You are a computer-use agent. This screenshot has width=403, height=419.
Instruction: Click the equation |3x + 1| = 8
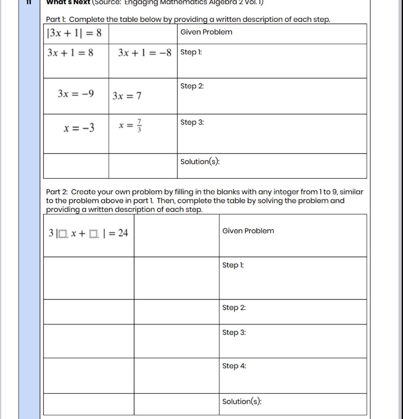tap(74, 33)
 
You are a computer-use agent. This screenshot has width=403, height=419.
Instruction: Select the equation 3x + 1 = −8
tap(145, 53)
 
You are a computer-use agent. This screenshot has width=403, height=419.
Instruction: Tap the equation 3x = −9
tap(76, 94)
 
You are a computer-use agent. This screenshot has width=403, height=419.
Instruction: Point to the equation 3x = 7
tap(127, 96)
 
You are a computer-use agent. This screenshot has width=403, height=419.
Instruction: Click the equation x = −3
tap(79, 128)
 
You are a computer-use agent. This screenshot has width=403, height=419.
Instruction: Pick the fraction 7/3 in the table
tap(139, 126)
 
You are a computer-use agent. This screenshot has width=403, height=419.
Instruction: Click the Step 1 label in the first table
tap(191, 52)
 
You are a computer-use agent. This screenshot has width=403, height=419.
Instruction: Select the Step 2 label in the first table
tap(192, 86)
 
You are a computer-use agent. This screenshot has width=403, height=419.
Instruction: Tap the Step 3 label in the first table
tap(192, 123)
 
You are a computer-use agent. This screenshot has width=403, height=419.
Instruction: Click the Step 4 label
tap(234, 366)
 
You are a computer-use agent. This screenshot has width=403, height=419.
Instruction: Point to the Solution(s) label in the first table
tap(200, 162)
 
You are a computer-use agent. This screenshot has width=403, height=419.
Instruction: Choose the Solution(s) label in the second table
tap(242, 402)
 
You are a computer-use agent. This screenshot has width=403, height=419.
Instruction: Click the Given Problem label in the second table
tap(248, 231)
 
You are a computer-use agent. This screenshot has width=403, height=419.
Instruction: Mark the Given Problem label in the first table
tap(206, 32)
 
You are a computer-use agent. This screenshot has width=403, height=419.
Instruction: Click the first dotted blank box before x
tap(63, 234)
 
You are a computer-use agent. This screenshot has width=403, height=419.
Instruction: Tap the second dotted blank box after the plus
tap(94, 234)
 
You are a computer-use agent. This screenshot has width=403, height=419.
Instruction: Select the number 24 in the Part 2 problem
tap(123, 233)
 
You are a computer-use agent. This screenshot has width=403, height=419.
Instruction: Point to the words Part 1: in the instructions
tap(56, 20)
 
